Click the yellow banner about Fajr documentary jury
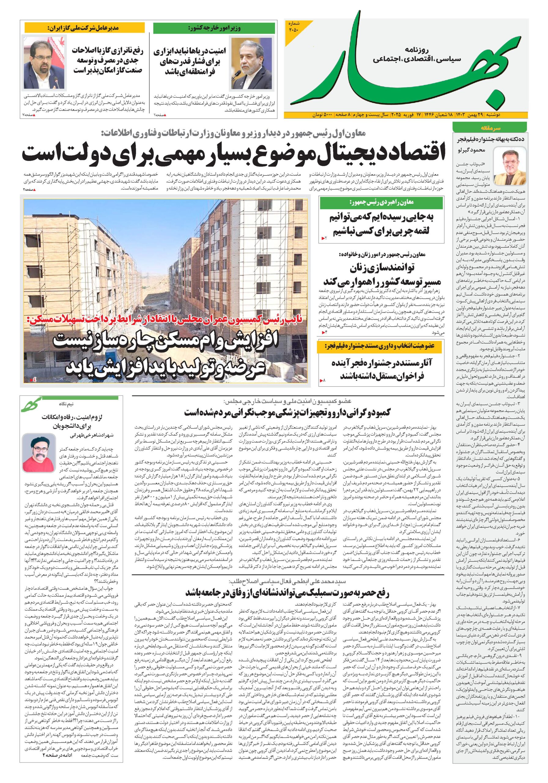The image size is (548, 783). point(381,347)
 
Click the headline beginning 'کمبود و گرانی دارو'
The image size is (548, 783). point(288,412)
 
